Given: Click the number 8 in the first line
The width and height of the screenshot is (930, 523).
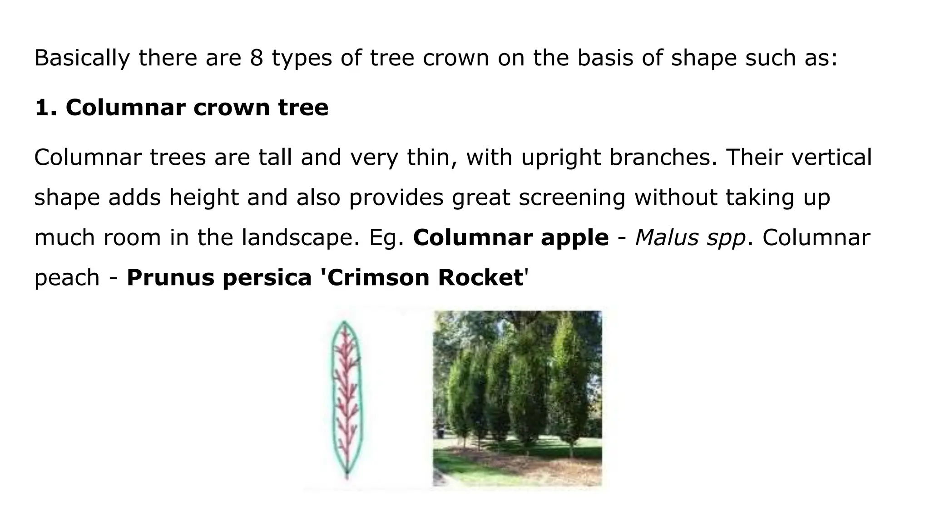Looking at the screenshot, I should point(256,58).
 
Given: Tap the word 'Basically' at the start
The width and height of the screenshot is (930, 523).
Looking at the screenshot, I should point(82,58).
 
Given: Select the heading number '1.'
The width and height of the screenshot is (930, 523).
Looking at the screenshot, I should point(45,108).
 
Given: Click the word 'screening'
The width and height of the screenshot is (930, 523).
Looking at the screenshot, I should point(572,197).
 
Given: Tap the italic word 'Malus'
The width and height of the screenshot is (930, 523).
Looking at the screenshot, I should point(666,237).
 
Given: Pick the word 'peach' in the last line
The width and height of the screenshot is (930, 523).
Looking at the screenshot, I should point(67,278).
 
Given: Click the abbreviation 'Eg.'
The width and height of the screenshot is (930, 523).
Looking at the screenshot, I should point(386,237).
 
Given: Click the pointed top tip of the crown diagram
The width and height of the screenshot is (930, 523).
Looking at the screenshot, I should point(345,322).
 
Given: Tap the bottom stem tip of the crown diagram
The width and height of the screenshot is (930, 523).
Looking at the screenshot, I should point(347,477).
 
